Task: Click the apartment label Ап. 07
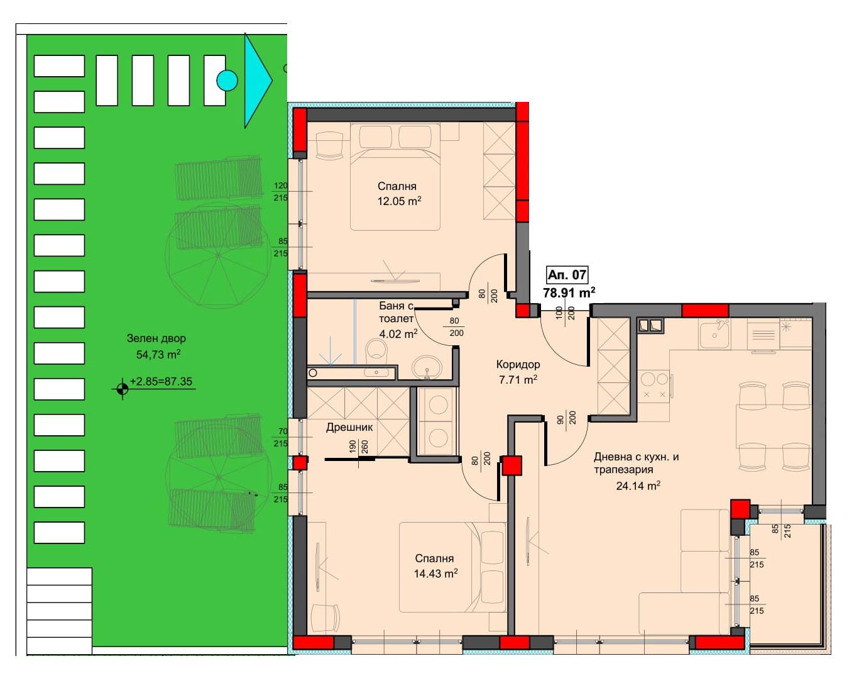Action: tap(567, 275)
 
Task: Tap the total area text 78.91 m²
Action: tap(569, 292)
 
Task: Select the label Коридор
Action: tap(518, 364)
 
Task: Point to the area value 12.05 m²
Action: tap(399, 201)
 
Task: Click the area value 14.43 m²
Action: tap(435, 574)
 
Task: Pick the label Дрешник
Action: tap(349, 428)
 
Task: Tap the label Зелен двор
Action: tap(156, 338)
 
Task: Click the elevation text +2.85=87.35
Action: tap(161, 381)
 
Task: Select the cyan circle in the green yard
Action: tap(227, 81)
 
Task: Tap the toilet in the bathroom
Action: tap(376, 351)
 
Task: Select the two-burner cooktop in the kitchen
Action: tap(655, 386)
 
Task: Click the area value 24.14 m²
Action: tap(638, 486)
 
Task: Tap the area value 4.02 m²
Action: tap(398, 333)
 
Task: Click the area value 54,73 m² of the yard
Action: tap(158, 354)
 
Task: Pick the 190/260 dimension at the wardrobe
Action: tap(358, 447)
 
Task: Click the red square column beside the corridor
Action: tap(512, 466)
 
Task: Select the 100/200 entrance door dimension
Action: tap(565, 312)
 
